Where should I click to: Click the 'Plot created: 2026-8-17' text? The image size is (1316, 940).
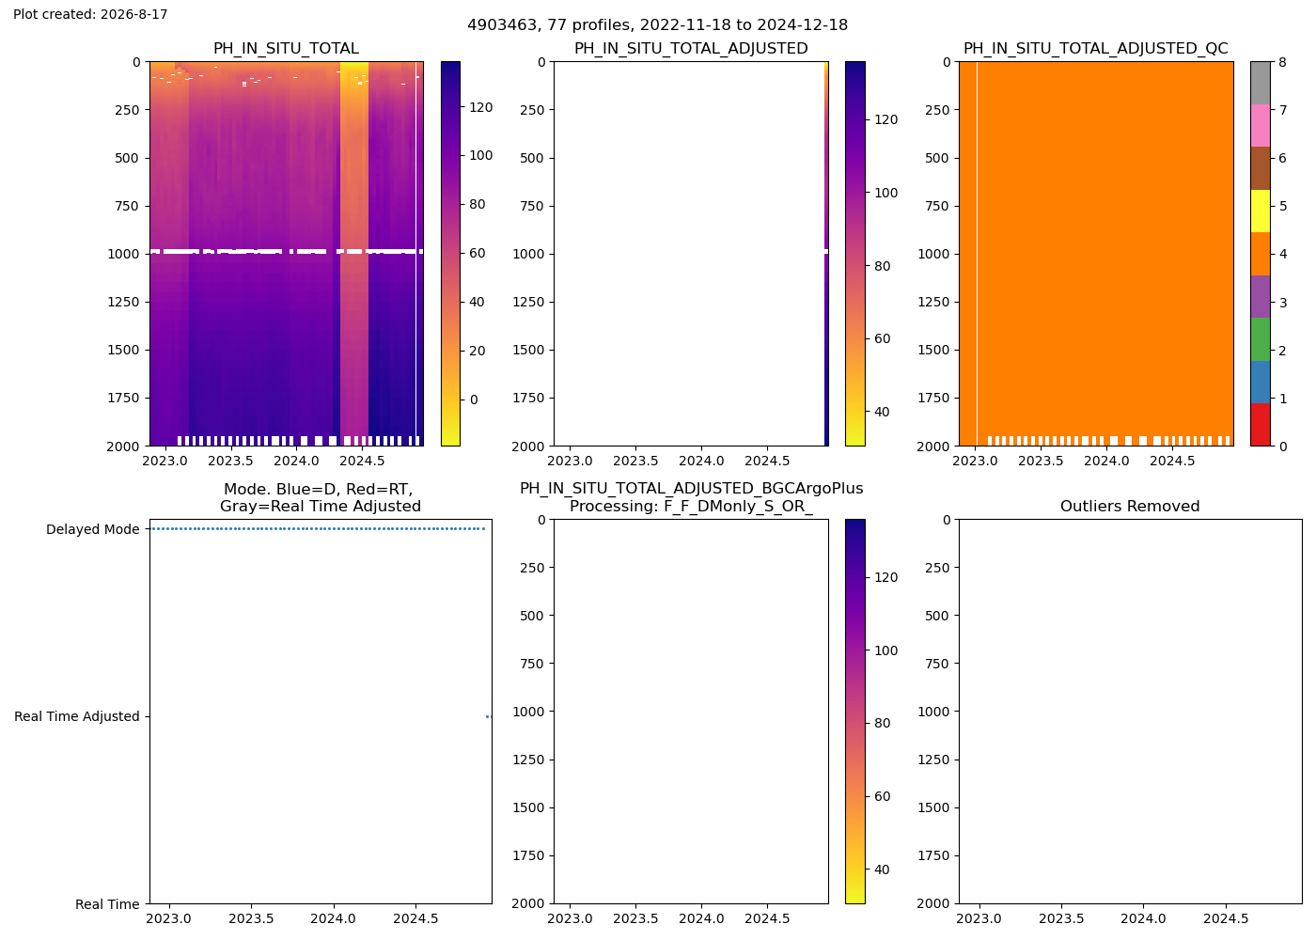tap(90, 14)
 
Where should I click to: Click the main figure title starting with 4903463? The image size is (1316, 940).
tap(657, 25)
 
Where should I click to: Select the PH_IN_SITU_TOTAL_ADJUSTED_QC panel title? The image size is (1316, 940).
tap(1096, 49)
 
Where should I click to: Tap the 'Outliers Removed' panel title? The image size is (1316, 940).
tap(1130, 507)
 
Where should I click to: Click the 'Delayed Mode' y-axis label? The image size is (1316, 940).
tap(93, 529)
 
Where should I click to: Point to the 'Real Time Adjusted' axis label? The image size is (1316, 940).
tap(77, 716)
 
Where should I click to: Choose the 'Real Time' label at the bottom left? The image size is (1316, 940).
tap(107, 904)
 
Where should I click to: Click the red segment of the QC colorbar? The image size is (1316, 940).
tap(1261, 425)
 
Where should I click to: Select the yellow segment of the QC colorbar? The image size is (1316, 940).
tap(1261, 211)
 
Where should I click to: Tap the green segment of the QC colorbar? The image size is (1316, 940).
tap(1261, 339)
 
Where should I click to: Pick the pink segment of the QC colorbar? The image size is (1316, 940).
tap(1261, 126)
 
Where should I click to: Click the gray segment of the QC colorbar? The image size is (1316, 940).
tap(1261, 83)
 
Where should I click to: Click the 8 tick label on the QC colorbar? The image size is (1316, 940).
tap(1282, 62)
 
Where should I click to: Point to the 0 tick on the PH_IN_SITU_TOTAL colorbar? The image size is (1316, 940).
tap(474, 400)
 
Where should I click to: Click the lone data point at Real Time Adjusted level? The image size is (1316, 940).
tap(488, 716)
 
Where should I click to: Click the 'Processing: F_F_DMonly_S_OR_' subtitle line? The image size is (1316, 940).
tap(692, 507)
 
